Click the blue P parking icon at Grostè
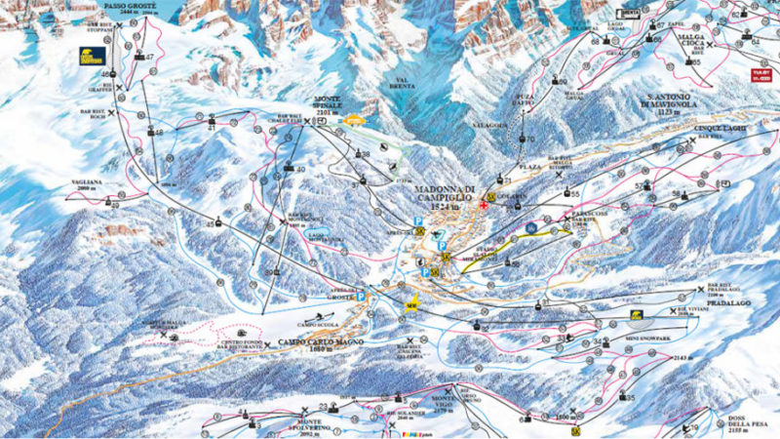[360, 296]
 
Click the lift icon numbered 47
[149, 59]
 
